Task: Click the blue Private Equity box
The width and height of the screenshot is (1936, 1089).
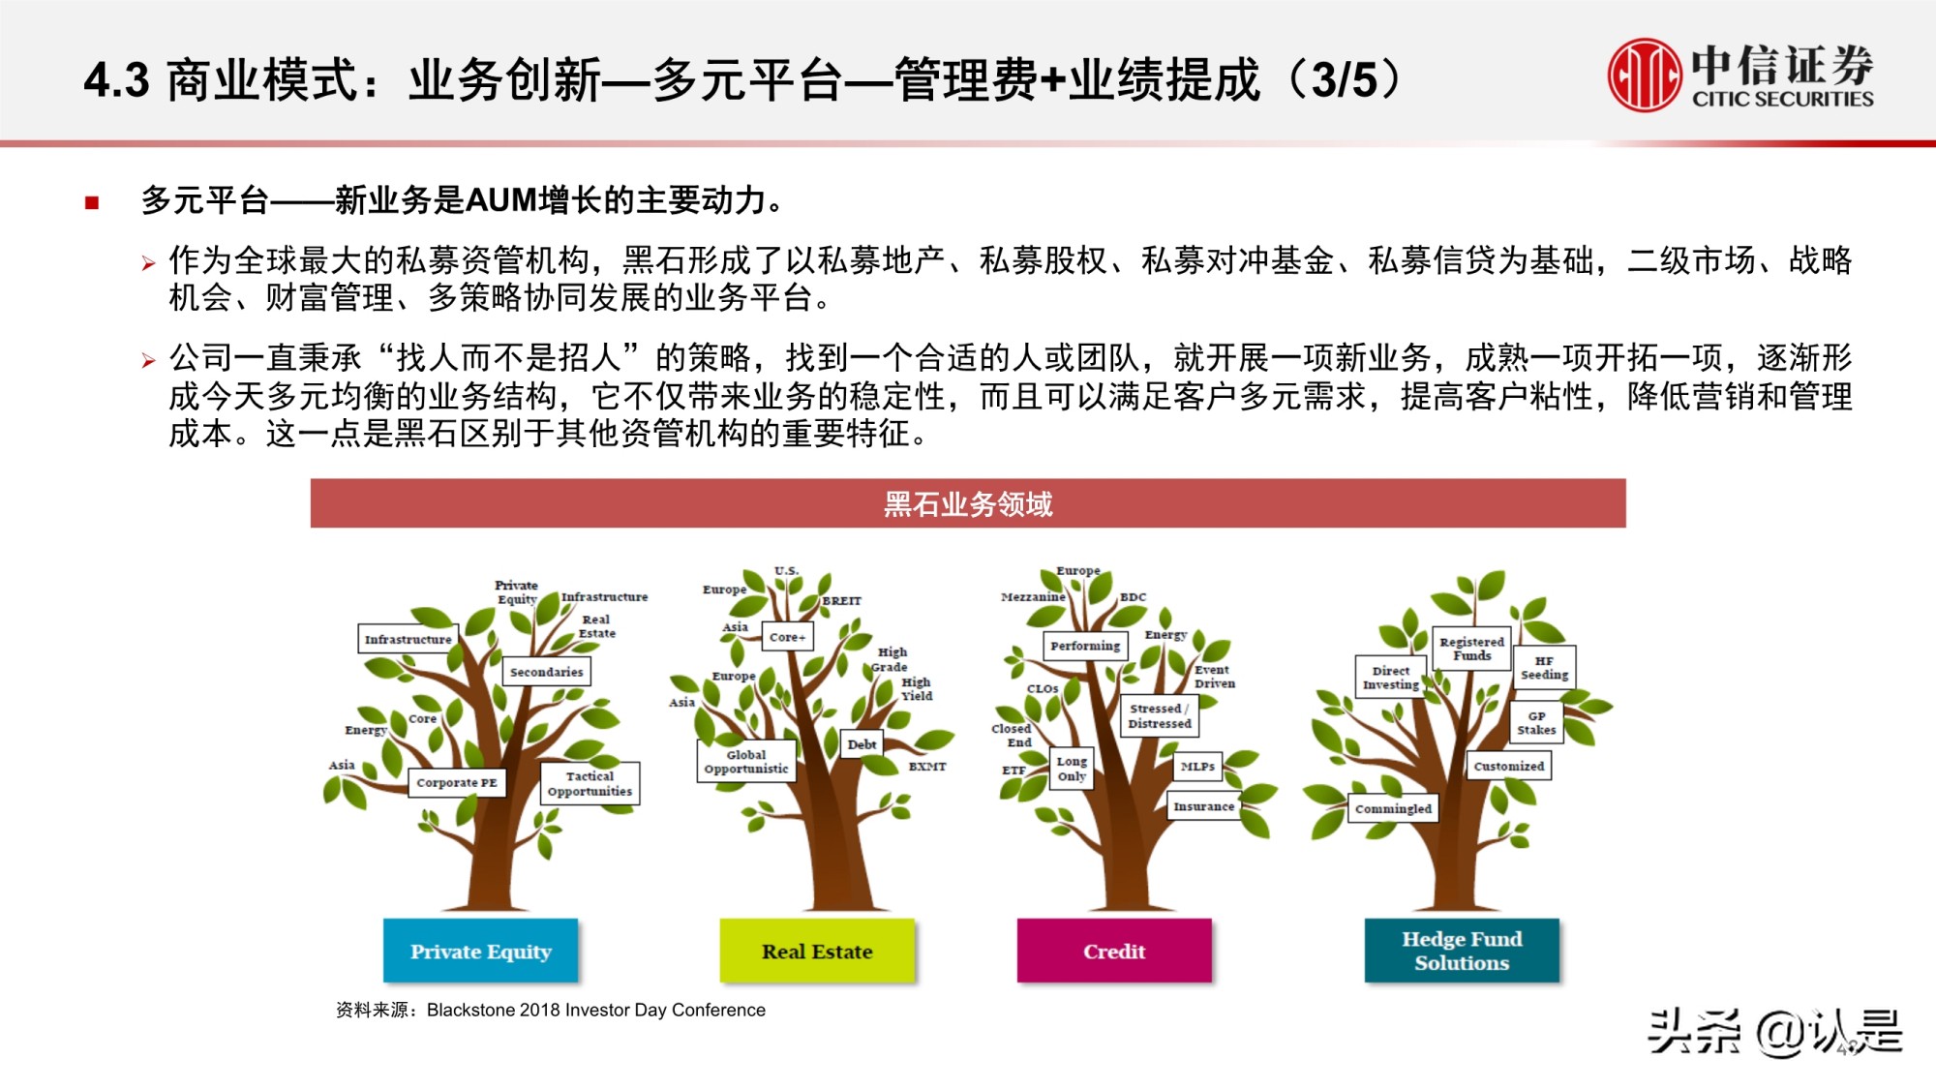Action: [x=480, y=951]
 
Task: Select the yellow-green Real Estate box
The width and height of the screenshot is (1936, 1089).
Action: [x=817, y=951]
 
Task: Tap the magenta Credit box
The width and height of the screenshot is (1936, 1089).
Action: [x=1114, y=951]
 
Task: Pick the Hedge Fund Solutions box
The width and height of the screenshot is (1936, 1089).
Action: [x=1462, y=951]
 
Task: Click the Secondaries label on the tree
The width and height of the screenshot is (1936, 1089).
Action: [x=547, y=672]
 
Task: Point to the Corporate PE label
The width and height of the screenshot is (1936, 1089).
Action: [x=457, y=782]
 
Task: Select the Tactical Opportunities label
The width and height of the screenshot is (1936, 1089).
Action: [x=590, y=784]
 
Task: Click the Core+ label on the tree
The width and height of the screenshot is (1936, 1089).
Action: [x=787, y=637]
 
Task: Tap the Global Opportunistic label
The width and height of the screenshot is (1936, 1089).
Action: [x=746, y=762]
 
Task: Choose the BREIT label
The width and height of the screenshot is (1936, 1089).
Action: [x=842, y=601]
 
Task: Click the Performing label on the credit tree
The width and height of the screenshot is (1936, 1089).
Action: [x=1085, y=646]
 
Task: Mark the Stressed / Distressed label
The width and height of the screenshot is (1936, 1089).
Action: [x=1160, y=716]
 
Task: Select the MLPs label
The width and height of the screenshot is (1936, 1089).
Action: [x=1197, y=767]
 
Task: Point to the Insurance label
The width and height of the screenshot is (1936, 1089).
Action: [x=1203, y=806]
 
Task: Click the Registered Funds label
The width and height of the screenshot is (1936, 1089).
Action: [x=1471, y=649]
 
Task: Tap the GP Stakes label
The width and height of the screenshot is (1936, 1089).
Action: [x=1536, y=723]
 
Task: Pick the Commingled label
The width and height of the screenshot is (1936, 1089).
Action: [x=1393, y=808]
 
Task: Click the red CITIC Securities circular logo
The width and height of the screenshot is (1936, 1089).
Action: [x=1645, y=75]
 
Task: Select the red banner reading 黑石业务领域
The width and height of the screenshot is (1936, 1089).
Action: [x=968, y=503]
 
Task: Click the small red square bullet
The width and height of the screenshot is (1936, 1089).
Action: [x=92, y=202]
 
